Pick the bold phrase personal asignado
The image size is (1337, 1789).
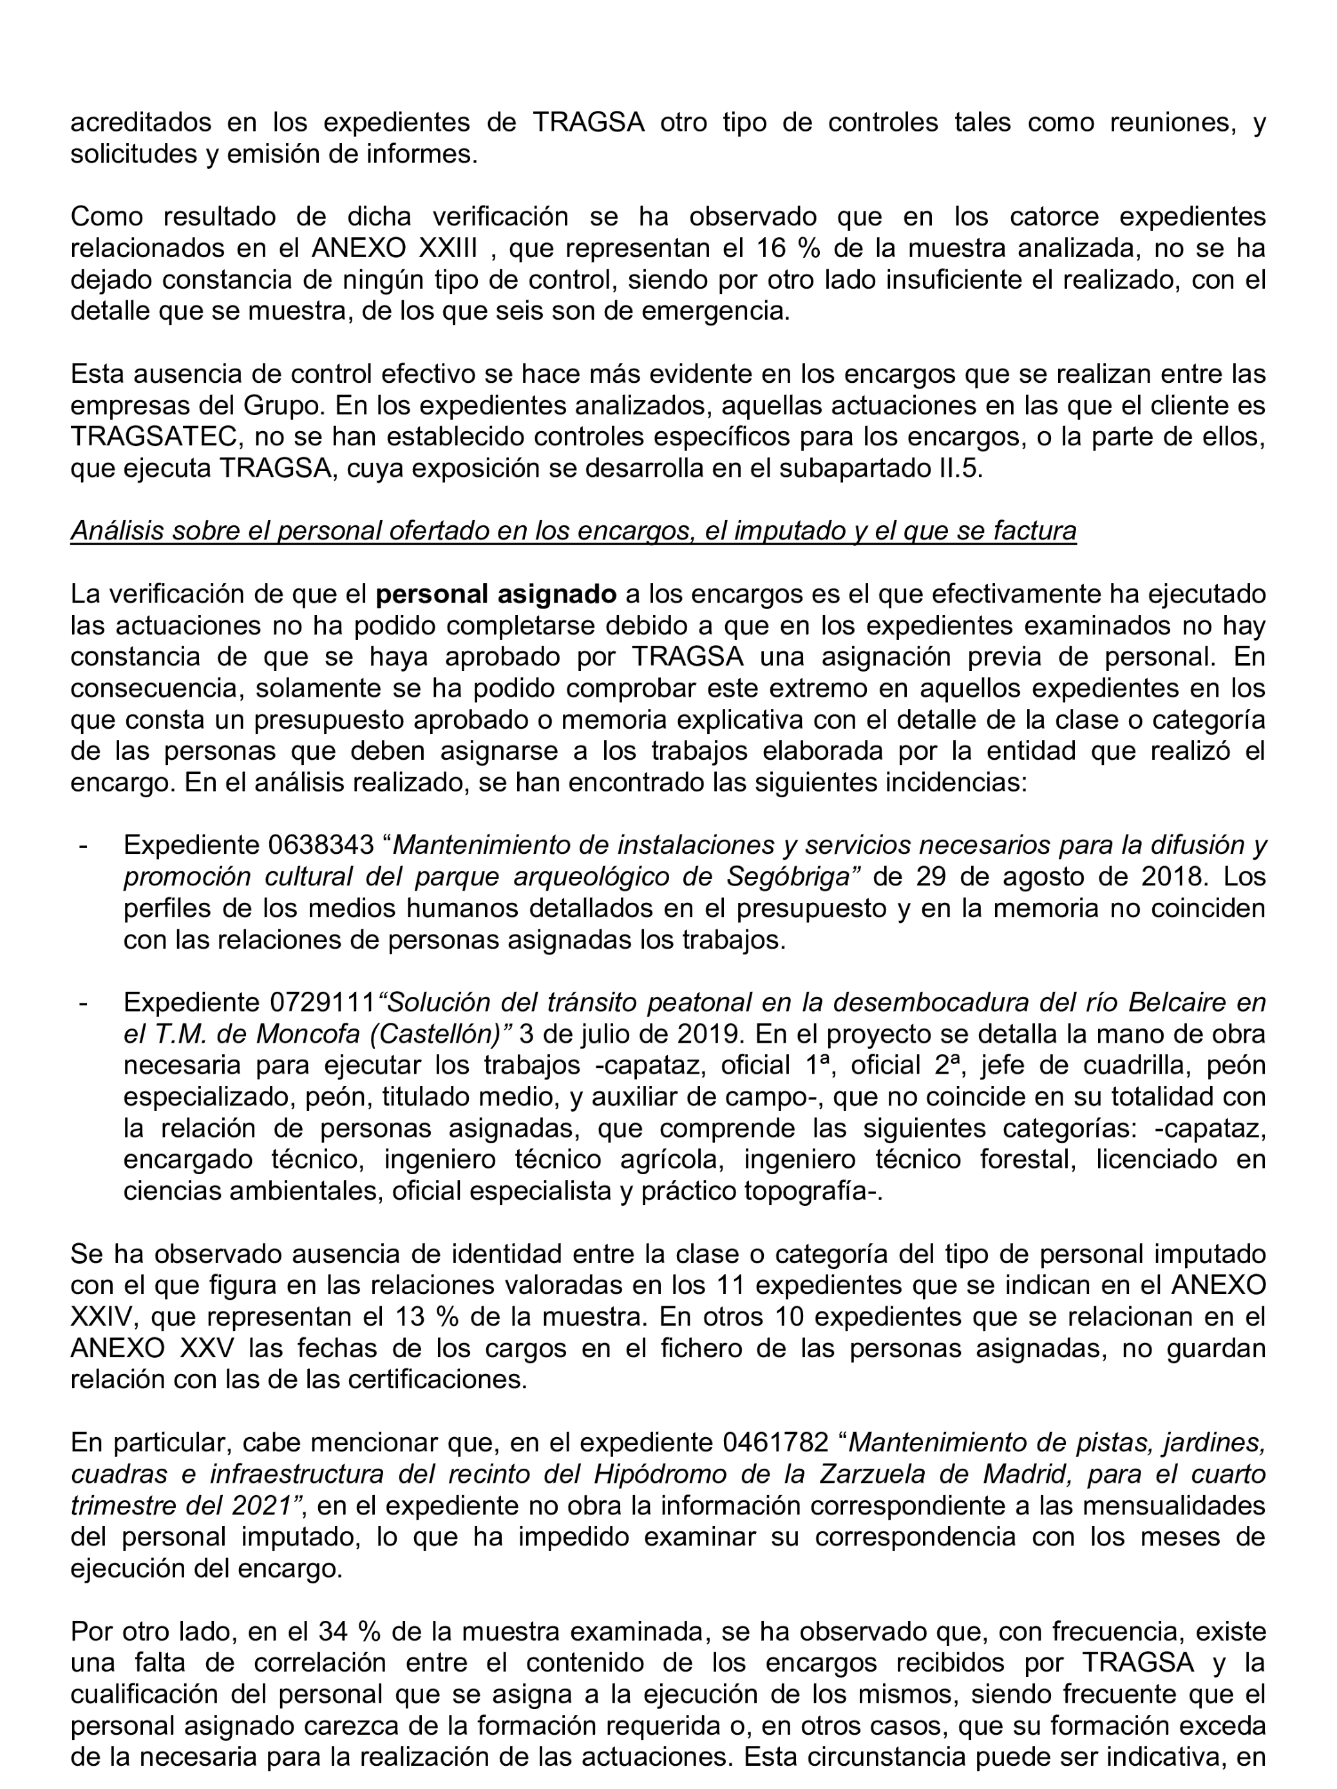tap(497, 594)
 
